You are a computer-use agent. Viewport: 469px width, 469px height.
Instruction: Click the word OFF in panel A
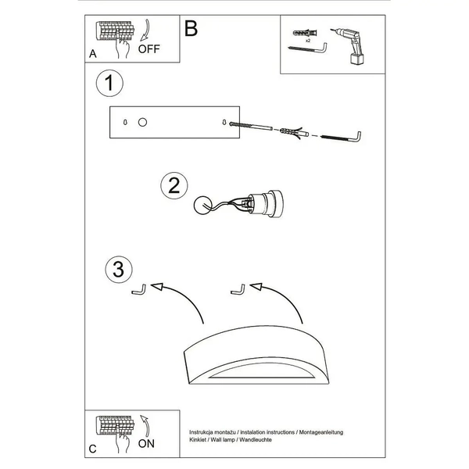point(149,48)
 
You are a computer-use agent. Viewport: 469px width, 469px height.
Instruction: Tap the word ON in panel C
point(146,443)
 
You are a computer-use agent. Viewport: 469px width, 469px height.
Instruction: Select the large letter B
point(192,28)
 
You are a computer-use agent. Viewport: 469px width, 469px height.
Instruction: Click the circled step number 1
point(109,83)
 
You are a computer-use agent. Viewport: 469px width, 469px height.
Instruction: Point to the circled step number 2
point(174,185)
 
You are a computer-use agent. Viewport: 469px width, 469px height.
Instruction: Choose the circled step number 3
point(119,269)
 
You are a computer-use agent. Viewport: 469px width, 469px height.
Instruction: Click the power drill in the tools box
point(349,45)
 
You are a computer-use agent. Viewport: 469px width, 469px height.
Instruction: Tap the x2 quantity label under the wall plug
point(308,41)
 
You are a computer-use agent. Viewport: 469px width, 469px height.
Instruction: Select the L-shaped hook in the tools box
point(307,48)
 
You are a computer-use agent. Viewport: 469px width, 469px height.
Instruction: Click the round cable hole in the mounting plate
point(143,123)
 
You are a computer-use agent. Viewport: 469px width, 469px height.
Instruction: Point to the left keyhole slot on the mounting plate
point(125,122)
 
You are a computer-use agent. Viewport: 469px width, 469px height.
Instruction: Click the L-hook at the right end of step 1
point(341,138)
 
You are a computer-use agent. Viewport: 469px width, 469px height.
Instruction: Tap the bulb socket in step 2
point(264,203)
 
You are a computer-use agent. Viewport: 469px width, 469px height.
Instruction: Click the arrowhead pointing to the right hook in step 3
point(256,287)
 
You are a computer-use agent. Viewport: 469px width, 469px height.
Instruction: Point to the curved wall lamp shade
point(256,355)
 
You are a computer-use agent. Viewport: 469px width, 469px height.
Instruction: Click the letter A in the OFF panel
point(93,54)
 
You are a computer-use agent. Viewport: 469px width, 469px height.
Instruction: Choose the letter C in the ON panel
point(93,449)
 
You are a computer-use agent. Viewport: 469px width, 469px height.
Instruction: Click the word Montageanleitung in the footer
point(321,432)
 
